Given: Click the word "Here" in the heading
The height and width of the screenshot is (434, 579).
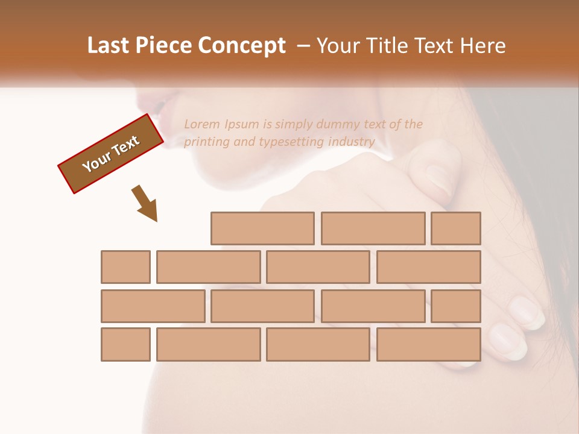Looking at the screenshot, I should (x=482, y=46).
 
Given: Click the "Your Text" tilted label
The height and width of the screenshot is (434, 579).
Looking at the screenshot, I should (x=110, y=154).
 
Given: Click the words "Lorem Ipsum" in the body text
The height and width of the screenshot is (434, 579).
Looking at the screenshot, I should (x=221, y=124).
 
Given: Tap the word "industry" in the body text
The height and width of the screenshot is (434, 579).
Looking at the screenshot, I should (x=352, y=142).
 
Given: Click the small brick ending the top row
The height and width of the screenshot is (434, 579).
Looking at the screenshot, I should (x=456, y=228).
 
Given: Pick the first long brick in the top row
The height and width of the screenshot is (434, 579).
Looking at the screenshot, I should (x=262, y=228).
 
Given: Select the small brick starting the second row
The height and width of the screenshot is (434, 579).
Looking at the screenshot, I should (x=125, y=267).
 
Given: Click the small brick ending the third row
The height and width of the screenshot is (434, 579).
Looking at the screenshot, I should (x=456, y=306).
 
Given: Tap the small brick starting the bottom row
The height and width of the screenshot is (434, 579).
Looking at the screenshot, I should (x=125, y=345).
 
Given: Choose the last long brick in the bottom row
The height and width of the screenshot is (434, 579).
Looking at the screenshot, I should (x=429, y=345).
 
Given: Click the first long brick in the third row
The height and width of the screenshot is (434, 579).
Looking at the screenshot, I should (x=153, y=306).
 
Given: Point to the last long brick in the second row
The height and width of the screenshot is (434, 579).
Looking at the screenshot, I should (x=429, y=267).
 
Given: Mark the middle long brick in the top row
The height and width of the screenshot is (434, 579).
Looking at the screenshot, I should (x=373, y=228).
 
